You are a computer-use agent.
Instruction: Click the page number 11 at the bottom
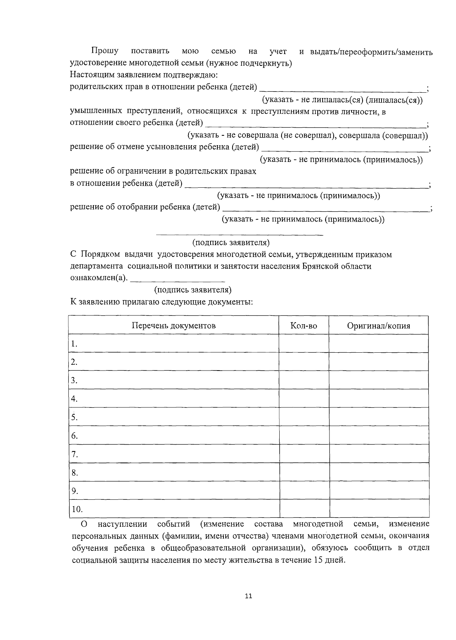249,596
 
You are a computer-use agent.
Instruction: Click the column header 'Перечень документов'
174,326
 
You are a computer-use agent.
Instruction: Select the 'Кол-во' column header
304,326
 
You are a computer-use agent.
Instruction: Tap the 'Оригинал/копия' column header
378,326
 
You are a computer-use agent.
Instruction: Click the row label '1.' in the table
74,344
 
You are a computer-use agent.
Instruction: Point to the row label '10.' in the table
77,509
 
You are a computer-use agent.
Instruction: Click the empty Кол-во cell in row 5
304,417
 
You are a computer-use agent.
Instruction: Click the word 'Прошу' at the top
104,51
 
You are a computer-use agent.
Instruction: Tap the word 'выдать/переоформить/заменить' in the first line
371,52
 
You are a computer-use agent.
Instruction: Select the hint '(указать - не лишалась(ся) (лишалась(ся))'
342,100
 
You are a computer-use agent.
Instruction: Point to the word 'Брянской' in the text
318,266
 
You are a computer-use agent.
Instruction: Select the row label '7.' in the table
74,454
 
